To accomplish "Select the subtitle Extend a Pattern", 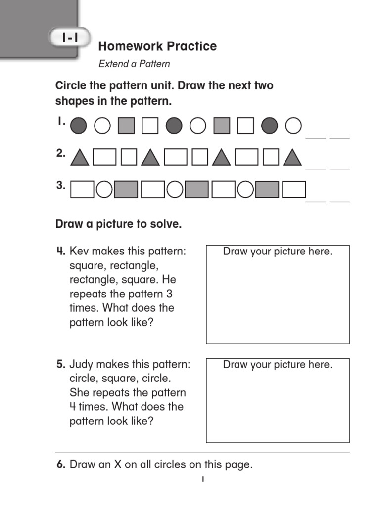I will click(x=134, y=64).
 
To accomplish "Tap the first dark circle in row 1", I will click(x=78, y=126).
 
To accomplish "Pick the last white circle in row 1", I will click(x=293, y=126).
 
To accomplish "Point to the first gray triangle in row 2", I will click(x=79, y=158).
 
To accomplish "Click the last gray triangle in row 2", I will click(x=292, y=158).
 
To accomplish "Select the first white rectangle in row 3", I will click(x=82, y=189).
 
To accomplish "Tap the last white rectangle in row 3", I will click(x=297, y=189).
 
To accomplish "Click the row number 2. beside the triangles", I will click(x=60, y=154).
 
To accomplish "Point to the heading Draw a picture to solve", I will click(x=119, y=224).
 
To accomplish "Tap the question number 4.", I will click(x=60, y=252).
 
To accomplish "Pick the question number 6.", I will click(x=60, y=464).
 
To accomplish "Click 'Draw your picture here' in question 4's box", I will click(x=278, y=252).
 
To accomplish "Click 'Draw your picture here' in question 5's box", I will click(x=278, y=365).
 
